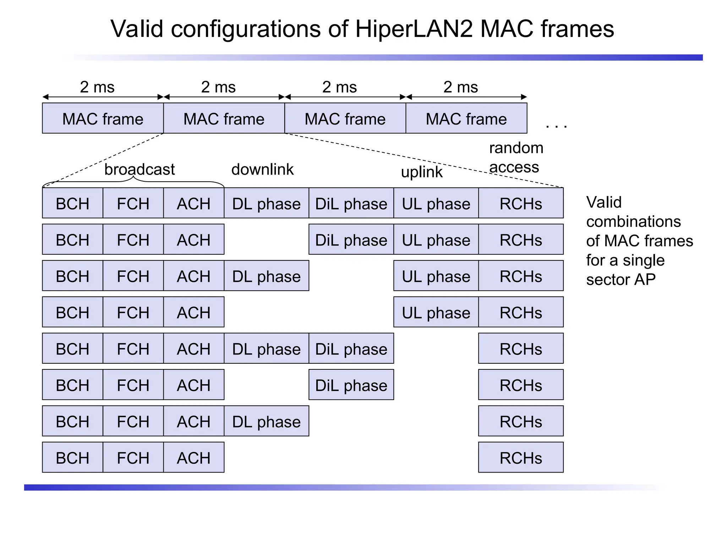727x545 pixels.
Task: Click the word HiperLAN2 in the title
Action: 414,29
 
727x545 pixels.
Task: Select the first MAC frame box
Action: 103,119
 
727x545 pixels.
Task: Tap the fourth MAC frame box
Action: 466,119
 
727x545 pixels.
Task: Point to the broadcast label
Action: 140,169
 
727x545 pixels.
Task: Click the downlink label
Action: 262,169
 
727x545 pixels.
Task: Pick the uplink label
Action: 422,172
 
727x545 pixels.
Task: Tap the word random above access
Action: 516,148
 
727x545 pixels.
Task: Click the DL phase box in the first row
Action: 266,203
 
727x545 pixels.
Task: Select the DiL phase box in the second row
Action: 351,240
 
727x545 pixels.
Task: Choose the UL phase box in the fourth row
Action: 436,312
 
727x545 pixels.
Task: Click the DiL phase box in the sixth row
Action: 351,385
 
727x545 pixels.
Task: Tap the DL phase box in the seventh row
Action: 266,421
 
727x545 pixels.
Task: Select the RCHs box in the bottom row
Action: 521,457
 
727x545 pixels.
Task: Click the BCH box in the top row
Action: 72,203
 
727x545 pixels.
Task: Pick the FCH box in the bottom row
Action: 133,457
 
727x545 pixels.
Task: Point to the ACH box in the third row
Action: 193,276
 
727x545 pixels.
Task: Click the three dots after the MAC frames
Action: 556,126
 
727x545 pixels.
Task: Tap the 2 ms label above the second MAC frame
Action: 218,87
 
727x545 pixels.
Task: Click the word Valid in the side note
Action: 604,202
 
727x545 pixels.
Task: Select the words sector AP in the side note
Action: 621,280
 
